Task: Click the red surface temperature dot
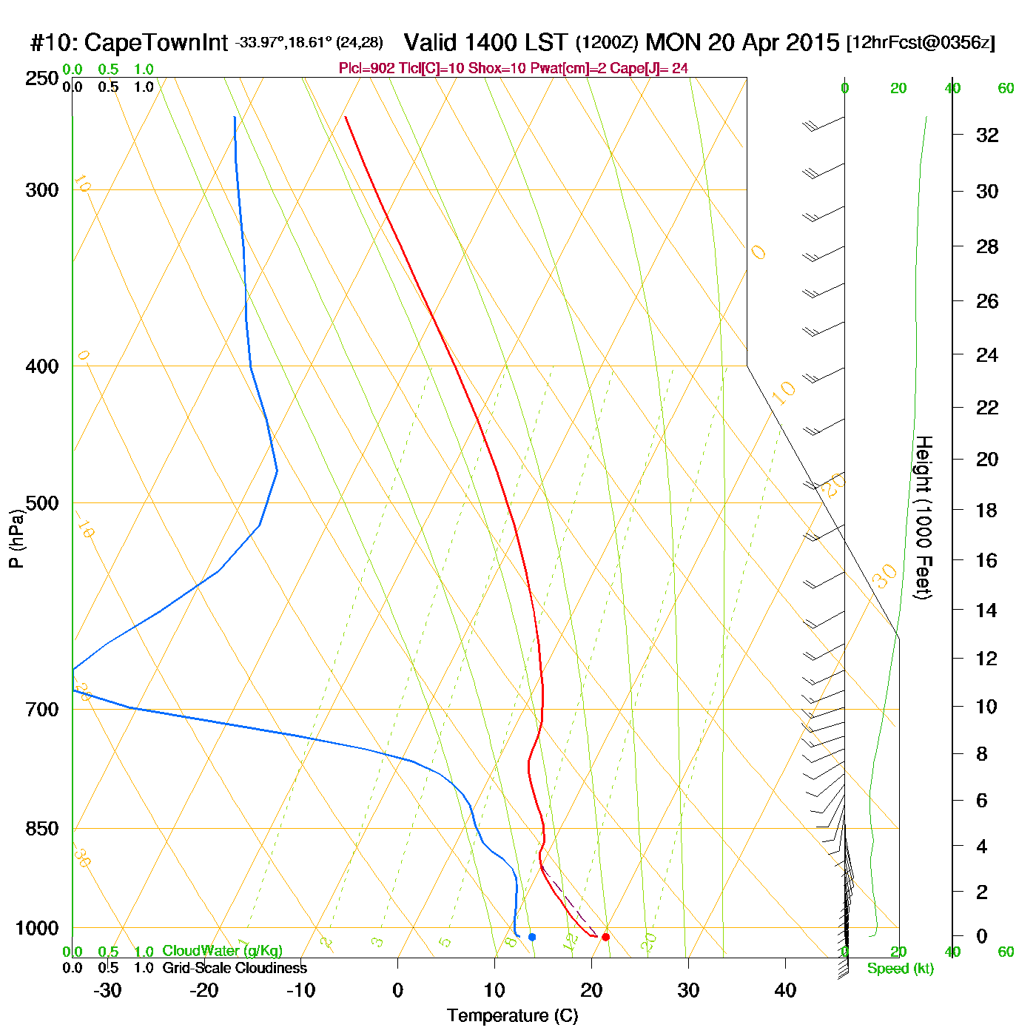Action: [x=605, y=937]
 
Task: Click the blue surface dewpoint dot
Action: [x=532, y=937]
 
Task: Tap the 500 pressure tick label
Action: [x=42, y=503]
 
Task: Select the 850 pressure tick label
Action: [x=42, y=829]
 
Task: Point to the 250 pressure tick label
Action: [x=42, y=78]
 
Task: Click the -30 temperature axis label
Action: [x=107, y=990]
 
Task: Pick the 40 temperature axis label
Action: [x=785, y=990]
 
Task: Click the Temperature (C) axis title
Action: [x=512, y=1016]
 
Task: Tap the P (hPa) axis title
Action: [x=16, y=539]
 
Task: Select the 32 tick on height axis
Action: [x=987, y=135]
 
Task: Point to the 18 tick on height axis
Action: [x=987, y=510]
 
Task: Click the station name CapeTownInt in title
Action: [x=155, y=43]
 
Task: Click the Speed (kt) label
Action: [x=900, y=969]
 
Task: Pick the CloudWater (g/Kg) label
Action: [x=222, y=951]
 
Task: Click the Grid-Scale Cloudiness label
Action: [x=235, y=968]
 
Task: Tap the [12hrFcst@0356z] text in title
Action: [x=921, y=43]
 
